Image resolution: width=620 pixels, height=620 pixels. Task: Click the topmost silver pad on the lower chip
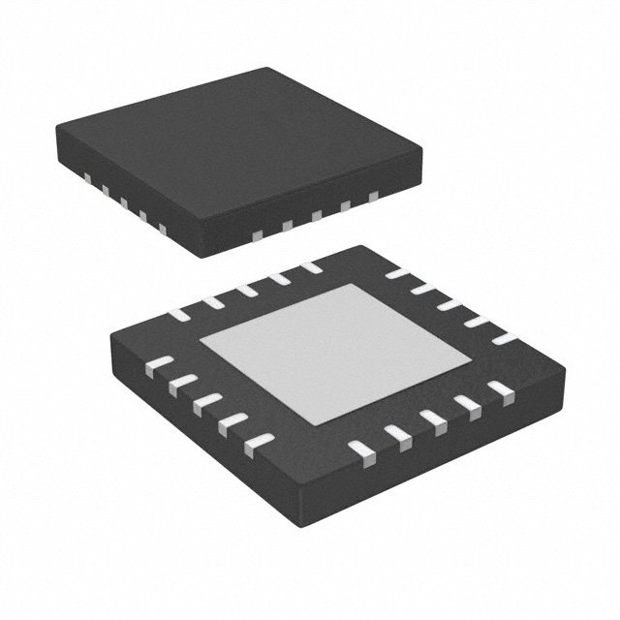click(310, 267)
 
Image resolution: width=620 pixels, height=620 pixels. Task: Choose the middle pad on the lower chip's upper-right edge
click(449, 306)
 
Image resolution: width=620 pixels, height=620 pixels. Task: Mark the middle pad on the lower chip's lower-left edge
click(207, 404)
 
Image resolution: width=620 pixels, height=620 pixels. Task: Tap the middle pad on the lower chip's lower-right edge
click(433, 418)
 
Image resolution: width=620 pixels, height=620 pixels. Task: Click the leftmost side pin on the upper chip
click(84, 177)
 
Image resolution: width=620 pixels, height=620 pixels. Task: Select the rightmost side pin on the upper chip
click(373, 197)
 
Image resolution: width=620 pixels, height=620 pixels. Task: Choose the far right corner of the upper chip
click(422, 151)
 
